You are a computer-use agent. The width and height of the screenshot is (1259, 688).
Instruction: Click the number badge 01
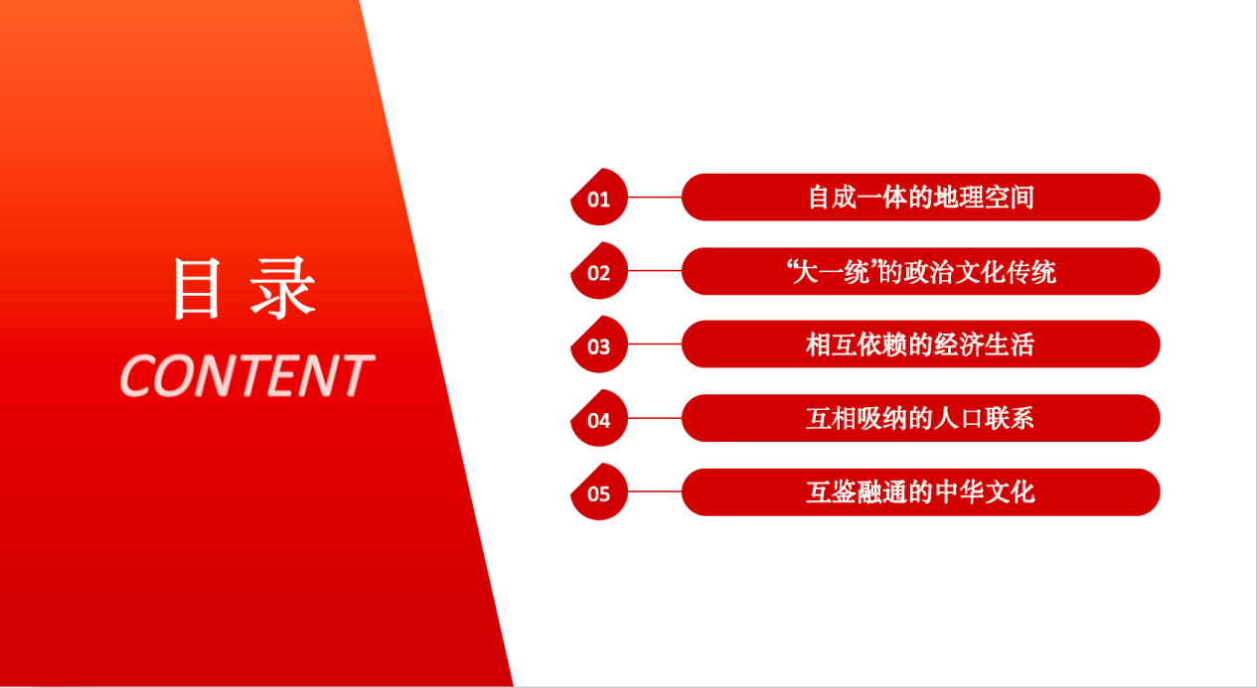599,198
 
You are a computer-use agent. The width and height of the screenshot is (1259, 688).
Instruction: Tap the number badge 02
599,271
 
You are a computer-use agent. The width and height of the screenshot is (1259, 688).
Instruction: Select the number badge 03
599,344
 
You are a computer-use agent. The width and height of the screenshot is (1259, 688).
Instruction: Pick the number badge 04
599,418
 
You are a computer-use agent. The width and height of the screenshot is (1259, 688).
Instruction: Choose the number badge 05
599,492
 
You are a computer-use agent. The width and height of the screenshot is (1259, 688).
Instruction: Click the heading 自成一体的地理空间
921,198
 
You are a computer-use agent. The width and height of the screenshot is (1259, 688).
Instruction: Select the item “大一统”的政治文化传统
921,272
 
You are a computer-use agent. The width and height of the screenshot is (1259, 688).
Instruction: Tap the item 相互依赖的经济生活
920,344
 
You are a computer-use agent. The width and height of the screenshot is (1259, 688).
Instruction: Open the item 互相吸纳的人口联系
920,418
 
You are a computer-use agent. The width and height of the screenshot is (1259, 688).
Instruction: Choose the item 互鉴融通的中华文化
920,492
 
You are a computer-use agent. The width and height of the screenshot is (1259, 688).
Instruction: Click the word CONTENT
246,375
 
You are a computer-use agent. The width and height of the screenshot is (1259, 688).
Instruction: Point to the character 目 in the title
197,289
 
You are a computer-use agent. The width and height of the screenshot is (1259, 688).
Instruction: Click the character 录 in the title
283,289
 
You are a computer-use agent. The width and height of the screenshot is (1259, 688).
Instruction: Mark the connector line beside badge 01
655,198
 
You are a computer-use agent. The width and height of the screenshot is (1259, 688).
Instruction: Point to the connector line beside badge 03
655,344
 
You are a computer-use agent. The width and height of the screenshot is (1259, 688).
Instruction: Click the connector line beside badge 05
655,491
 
